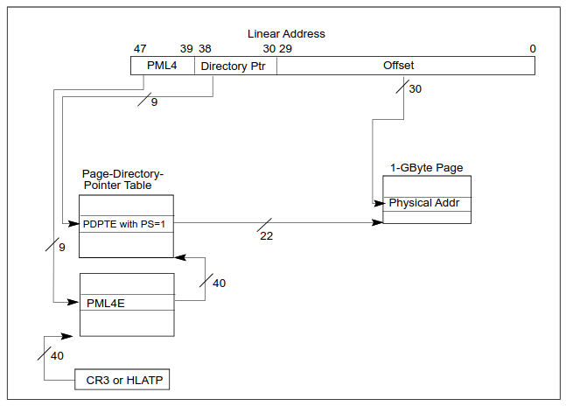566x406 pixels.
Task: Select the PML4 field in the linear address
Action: pyautogui.click(x=162, y=66)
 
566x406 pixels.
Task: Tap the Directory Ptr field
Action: pyautogui.click(x=234, y=66)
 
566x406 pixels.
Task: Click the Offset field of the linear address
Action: pyautogui.click(x=398, y=66)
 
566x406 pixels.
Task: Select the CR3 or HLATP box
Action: pyautogui.click(x=122, y=380)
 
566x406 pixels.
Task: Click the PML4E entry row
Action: pyautogui.click(x=127, y=303)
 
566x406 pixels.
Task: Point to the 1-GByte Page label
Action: pyautogui.click(x=426, y=167)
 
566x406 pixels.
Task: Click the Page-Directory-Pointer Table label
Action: pyautogui.click(x=122, y=179)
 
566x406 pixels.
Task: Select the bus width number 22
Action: pyautogui.click(x=266, y=236)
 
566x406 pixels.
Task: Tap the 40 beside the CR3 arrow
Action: pyautogui.click(x=58, y=356)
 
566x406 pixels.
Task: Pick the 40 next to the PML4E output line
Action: pyautogui.click(x=219, y=283)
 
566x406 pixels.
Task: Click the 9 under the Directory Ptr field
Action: pyautogui.click(x=154, y=102)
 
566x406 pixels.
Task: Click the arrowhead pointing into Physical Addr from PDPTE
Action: pyautogui.click(x=379, y=223)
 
